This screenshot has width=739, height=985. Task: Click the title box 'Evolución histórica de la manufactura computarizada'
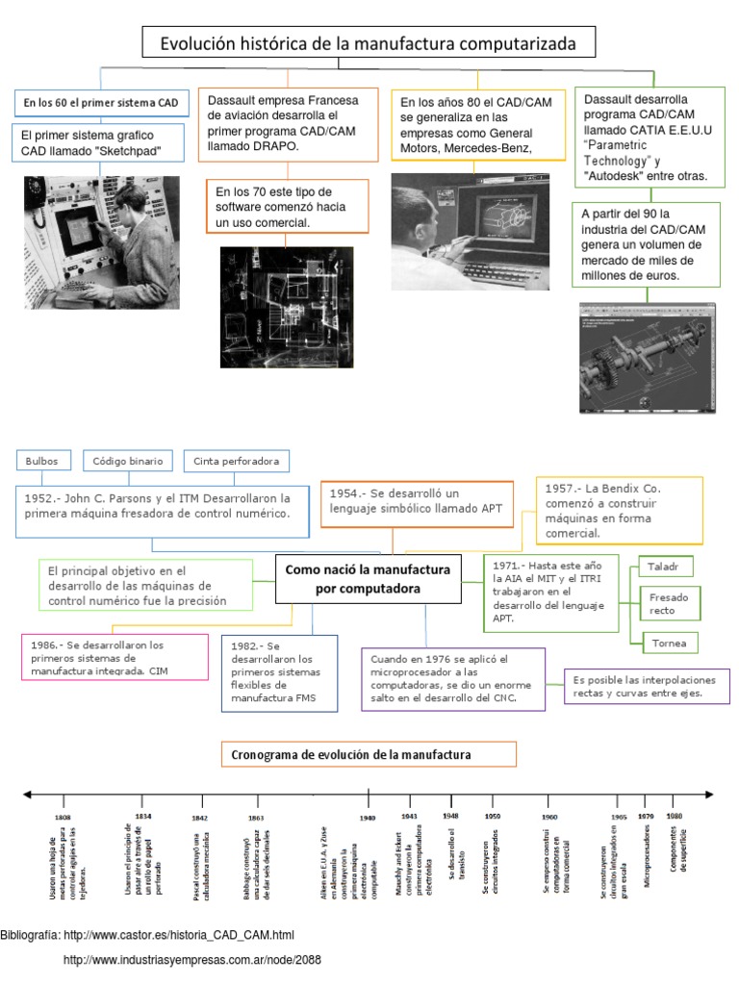(x=369, y=43)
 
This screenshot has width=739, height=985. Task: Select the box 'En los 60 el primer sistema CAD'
(x=101, y=102)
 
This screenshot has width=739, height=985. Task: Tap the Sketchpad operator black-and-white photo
(x=101, y=243)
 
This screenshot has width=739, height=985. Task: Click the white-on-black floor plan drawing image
(x=287, y=307)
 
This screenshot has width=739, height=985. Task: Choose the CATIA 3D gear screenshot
(x=649, y=358)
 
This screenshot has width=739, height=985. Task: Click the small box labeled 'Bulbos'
(x=42, y=461)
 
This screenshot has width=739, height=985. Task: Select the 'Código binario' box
(x=128, y=461)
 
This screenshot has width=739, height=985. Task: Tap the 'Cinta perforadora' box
(x=236, y=461)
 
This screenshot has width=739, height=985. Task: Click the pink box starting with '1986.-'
(x=115, y=657)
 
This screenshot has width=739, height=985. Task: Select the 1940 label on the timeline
(x=368, y=817)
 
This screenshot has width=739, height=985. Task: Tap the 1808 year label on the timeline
(x=64, y=817)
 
